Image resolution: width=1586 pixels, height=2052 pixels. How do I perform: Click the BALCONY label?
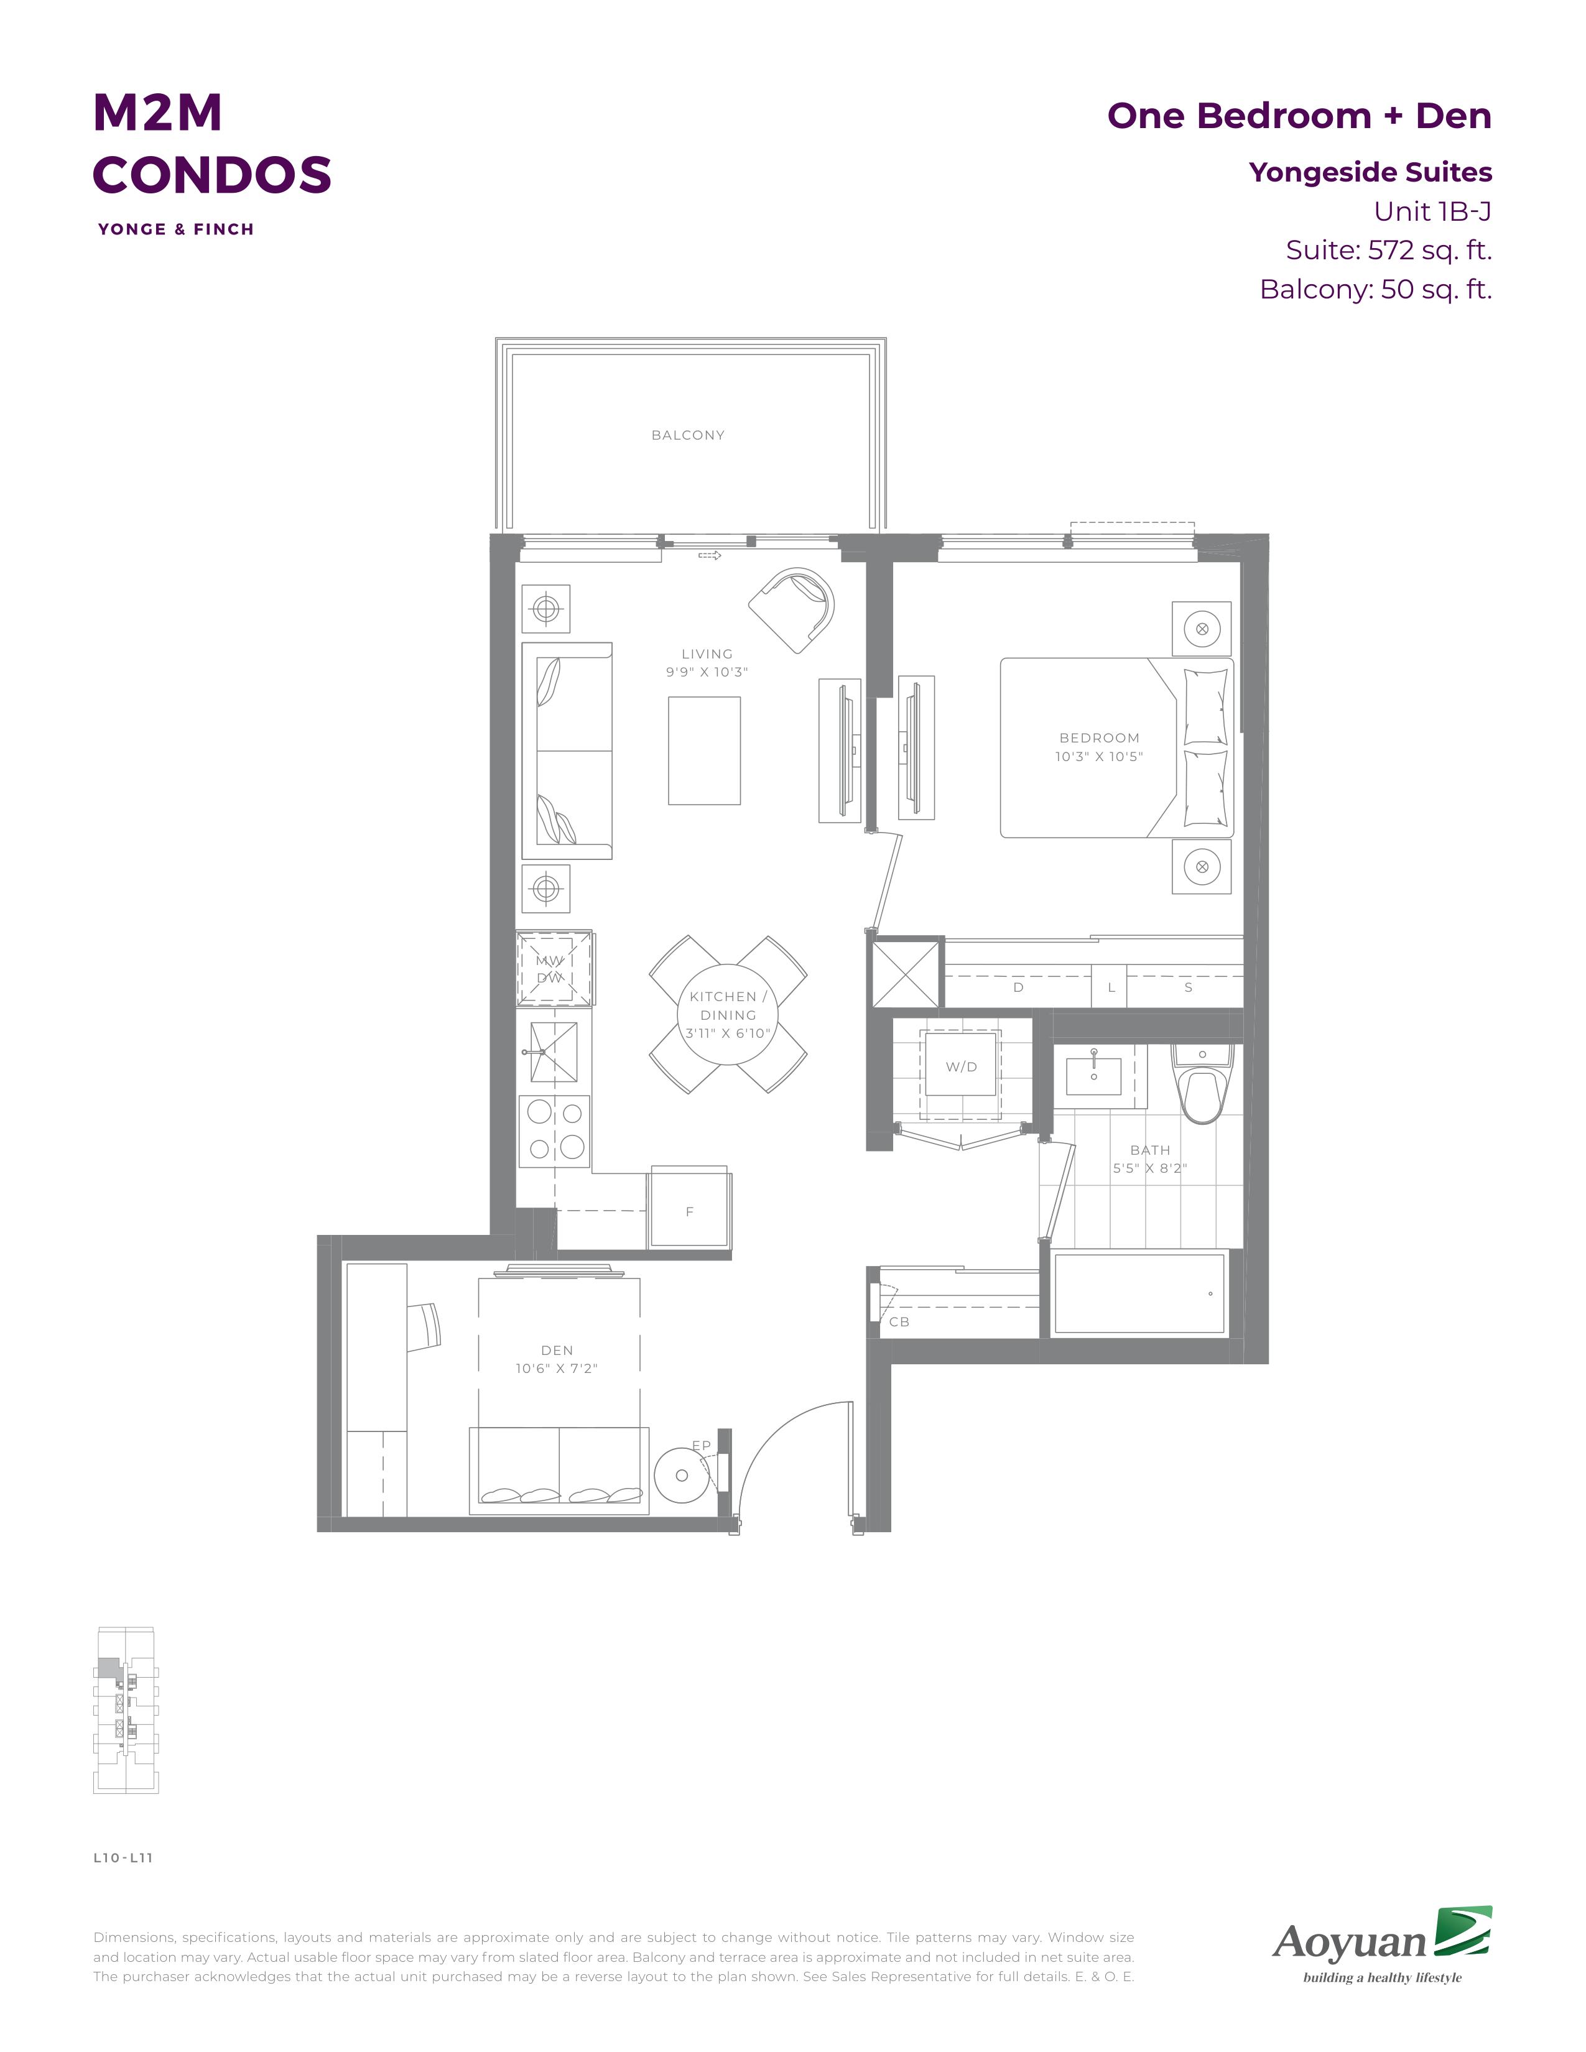point(688,435)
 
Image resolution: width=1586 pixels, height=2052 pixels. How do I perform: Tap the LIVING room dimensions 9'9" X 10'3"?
point(707,672)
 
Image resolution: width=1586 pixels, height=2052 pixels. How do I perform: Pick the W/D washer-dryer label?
point(961,1067)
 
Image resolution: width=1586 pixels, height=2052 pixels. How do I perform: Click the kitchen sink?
point(554,1052)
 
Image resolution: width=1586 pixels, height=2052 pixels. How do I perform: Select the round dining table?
point(727,1015)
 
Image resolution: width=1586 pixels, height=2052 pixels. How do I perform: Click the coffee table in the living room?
point(705,751)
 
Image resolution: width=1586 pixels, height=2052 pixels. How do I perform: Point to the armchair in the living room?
point(792,610)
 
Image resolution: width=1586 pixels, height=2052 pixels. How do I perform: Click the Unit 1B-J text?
point(1433,211)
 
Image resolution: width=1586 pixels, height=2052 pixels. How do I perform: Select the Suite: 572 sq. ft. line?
point(1389,250)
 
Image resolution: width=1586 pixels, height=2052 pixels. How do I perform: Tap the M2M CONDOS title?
point(212,143)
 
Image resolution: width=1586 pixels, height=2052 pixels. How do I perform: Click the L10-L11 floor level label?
point(123,1857)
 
